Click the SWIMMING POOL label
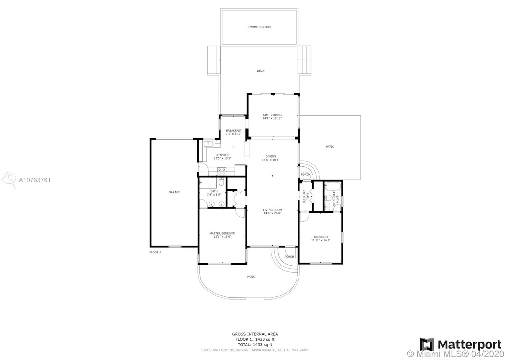(x=260, y=27)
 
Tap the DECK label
(x=261, y=71)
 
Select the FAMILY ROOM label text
(x=272, y=115)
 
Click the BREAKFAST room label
(x=234, y=131)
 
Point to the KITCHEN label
(x=222, y=155)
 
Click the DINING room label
(x=271, y=156)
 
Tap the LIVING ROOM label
(x=272, y=210)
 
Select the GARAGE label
(x=174, y=192)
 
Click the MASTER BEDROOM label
(x=222, y=233)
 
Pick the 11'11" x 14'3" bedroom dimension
(x=321, y=240)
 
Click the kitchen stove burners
(x=222, y=171)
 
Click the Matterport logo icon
(x=427, y=344)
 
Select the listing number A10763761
(x=35, y=180)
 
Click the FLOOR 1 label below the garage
(x=155, y=252)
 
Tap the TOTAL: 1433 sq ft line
(x=255, y=345)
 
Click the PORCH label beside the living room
(x=289, y=257)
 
